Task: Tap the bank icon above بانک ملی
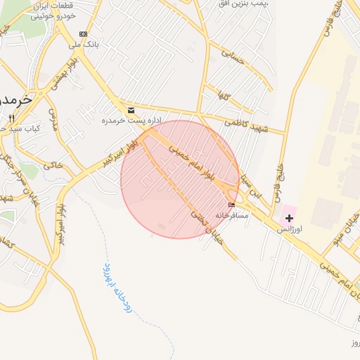click(x=84, y=34)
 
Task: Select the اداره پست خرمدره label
click(x=120, y=121)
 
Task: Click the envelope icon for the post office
click(x=131, y=110)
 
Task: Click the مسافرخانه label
click(x=232, y=214)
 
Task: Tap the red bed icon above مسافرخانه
click(x=232, y=205)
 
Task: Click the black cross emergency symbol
click(x=289, y=218)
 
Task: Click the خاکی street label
click(x=53, y=166)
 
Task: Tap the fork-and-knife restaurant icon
click(x=11, y=118)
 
